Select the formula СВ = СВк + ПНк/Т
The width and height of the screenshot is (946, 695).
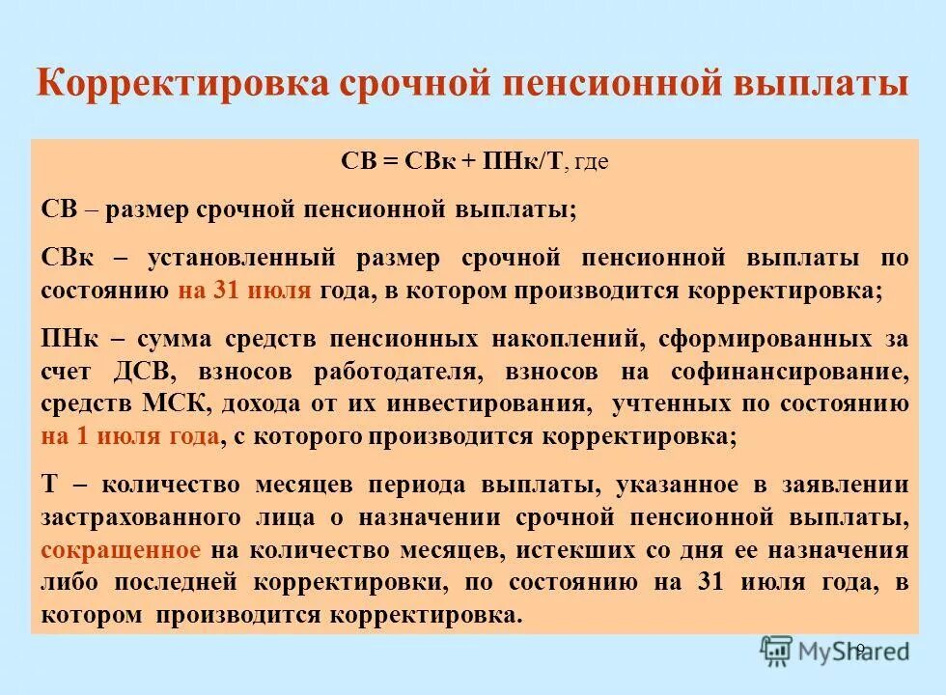[452, 161]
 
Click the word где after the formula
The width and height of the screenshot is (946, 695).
[591, 162]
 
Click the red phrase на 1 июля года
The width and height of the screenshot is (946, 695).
[130, 435]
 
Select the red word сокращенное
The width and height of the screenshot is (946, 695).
[122, 550]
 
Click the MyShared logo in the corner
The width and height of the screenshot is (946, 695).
[834, 652]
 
